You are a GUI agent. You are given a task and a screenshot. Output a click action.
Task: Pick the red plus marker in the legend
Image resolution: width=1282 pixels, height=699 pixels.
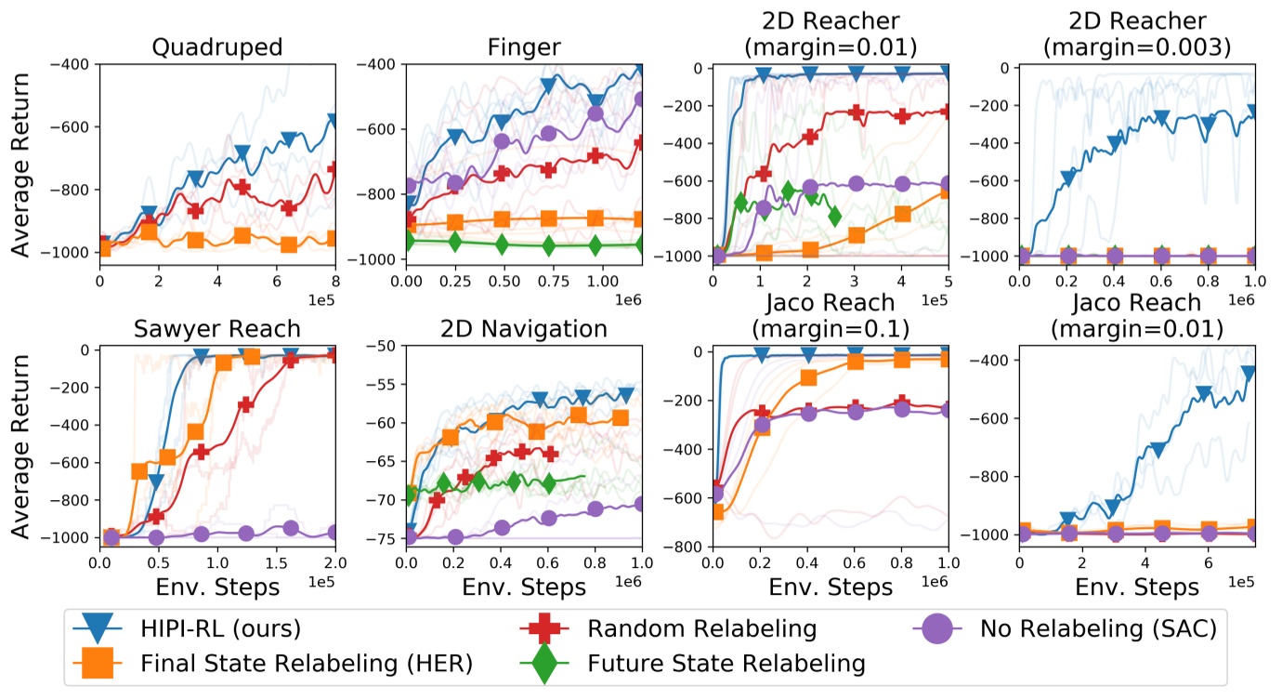(542, 629)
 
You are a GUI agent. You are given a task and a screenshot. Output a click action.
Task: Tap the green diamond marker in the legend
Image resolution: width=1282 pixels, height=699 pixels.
(542, 664)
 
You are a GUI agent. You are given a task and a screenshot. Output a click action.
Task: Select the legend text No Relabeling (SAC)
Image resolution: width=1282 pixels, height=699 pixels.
(1096, 629)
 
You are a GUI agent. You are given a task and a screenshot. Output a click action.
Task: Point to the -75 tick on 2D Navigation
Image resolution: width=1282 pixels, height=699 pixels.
(386, 539)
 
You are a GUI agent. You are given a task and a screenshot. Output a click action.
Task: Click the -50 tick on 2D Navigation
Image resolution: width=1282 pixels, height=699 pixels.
(386, 346)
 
